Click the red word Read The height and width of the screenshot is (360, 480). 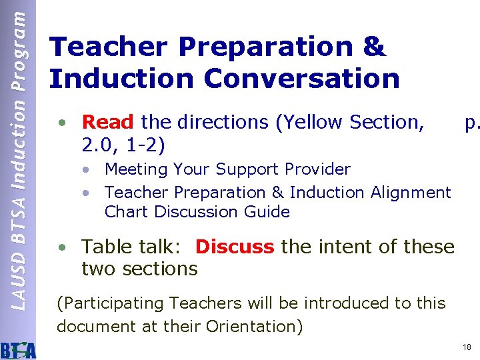[107, 122]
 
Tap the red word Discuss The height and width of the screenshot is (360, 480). [235, 247]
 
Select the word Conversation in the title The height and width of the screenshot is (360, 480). [302, 78]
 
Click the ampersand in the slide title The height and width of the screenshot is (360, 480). [375, 47]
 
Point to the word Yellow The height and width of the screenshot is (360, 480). [315, 122]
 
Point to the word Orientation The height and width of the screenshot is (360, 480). [253, 327]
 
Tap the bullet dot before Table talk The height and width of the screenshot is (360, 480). [61, 247]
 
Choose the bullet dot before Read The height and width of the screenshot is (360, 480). [61, 123]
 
